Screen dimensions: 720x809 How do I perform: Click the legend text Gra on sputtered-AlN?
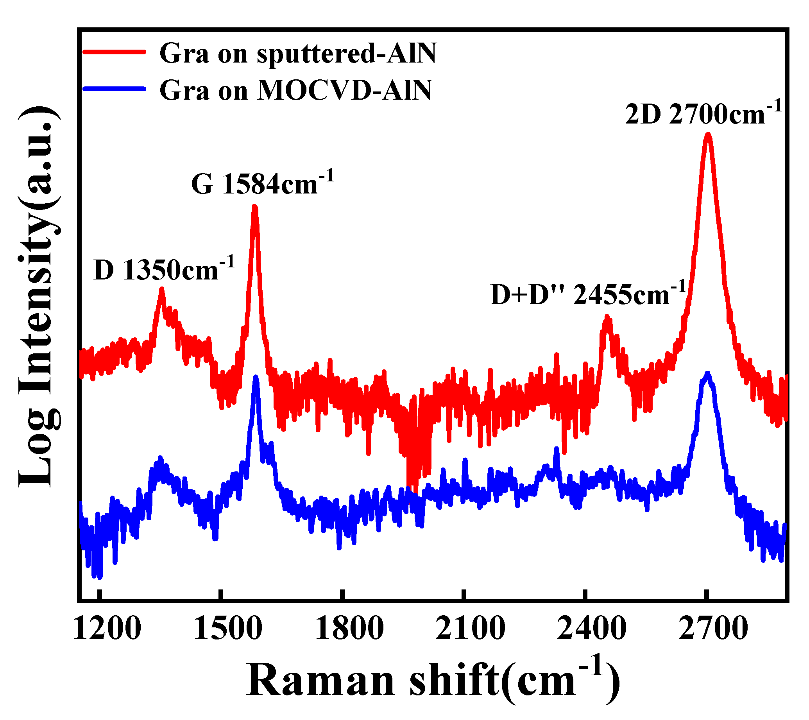298,53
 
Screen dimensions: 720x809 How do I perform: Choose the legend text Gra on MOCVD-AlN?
295,90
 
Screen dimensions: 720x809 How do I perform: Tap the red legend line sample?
115,52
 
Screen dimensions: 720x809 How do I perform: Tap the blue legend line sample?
115,89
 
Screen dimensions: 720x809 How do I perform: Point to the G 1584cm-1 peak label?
262,183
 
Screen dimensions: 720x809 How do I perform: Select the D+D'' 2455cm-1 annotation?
588,294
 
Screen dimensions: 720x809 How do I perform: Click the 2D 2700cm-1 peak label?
703,114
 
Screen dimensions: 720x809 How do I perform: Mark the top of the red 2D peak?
708,135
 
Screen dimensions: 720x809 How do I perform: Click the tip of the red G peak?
255,207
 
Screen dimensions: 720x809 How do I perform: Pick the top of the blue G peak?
256,378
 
